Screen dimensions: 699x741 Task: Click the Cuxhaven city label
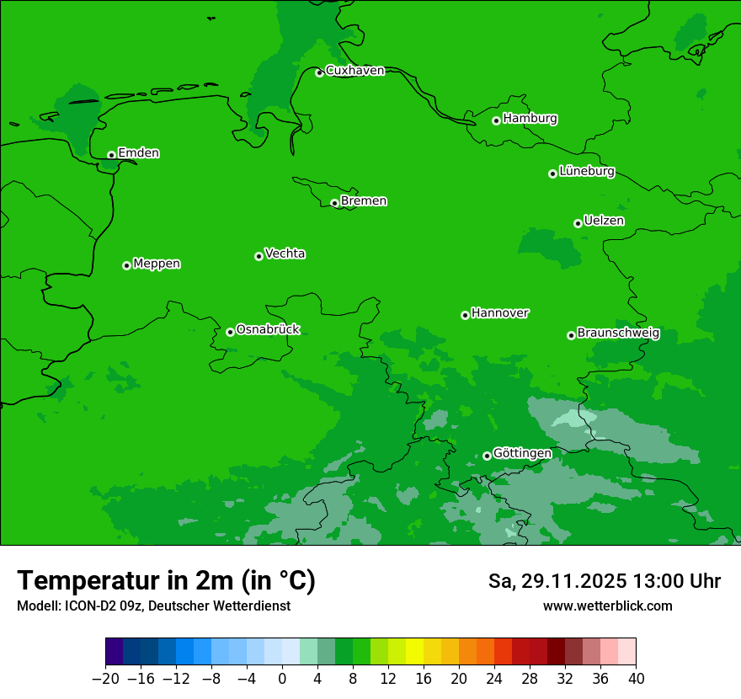click(x=355, y=71)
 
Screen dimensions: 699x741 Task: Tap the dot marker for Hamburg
click(x=496, y=120)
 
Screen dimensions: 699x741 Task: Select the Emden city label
click(x=138, y=153)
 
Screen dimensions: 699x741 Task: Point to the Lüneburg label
click(x=586, y=172)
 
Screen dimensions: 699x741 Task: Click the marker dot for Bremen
click(x=334, y=203)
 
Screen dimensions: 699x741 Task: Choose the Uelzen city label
click(x=604, y=221)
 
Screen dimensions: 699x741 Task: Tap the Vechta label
click(x=285, y=254)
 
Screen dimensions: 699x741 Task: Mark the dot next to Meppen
click(x=126, y=265)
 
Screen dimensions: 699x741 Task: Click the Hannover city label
click(x=499, y=313)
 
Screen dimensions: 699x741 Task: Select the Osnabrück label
click(x=268, y=330)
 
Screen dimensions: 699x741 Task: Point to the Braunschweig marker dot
click(x=571, y=335)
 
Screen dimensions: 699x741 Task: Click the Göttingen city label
click(x=522, y=454)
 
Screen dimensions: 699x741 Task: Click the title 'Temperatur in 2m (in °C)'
click(x=166, y=581)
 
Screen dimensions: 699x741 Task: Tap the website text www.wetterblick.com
click(x=607, y=606)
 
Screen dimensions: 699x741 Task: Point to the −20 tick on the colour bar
click(x=105, y=678)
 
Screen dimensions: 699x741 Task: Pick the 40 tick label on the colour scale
click(x=636, y=678)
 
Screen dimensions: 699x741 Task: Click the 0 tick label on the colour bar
click(x=282, y=678)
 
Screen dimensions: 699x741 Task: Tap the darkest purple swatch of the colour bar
click(x=115, y=652)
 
